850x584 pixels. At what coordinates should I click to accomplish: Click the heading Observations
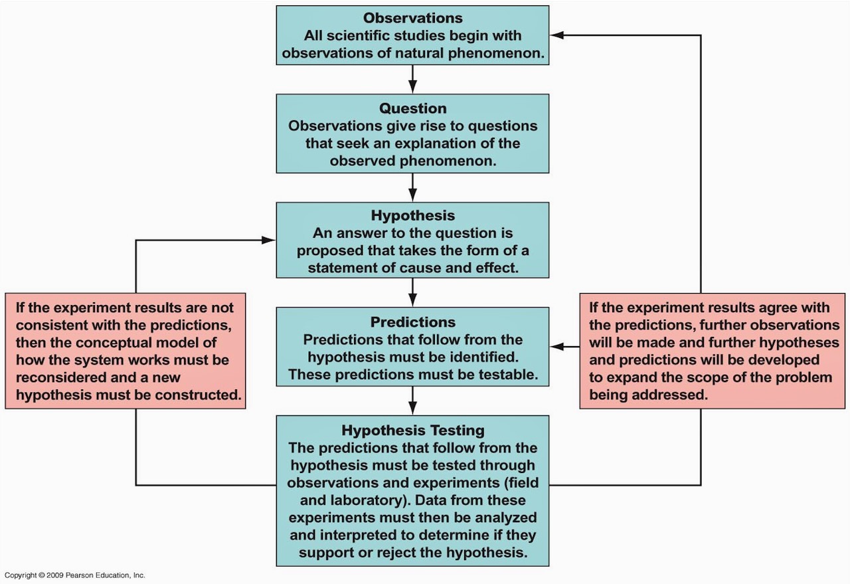pyautogui.click(x=413, y=18)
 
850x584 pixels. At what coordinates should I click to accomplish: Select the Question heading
pyautogui.click(x=413, y=108)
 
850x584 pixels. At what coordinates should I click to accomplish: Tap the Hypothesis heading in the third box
pyautogui.click(x=413, y=216)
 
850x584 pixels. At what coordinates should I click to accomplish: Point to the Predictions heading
pyautogui.click(x=413, y=322)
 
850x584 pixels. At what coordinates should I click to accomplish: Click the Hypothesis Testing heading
pyautogui.click(x=413, y=431)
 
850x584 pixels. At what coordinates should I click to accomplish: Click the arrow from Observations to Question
pyautogui.click(x=412, y=79)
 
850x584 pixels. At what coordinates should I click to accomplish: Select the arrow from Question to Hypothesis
pyautogui.click(x=412, y=187)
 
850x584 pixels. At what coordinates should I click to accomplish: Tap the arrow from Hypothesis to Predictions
pyautogui.click(x=412, y=292)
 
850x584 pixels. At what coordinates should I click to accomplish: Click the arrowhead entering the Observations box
pyautogui.click(x=556, y=35)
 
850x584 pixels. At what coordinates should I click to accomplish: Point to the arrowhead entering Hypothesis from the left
pyautogui.click(x=268, y=240)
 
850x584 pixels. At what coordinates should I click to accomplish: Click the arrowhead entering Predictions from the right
pyautogui.click(x=556, y=347)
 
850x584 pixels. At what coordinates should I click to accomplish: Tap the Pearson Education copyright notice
pyautogui.click(x=75, y=575)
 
